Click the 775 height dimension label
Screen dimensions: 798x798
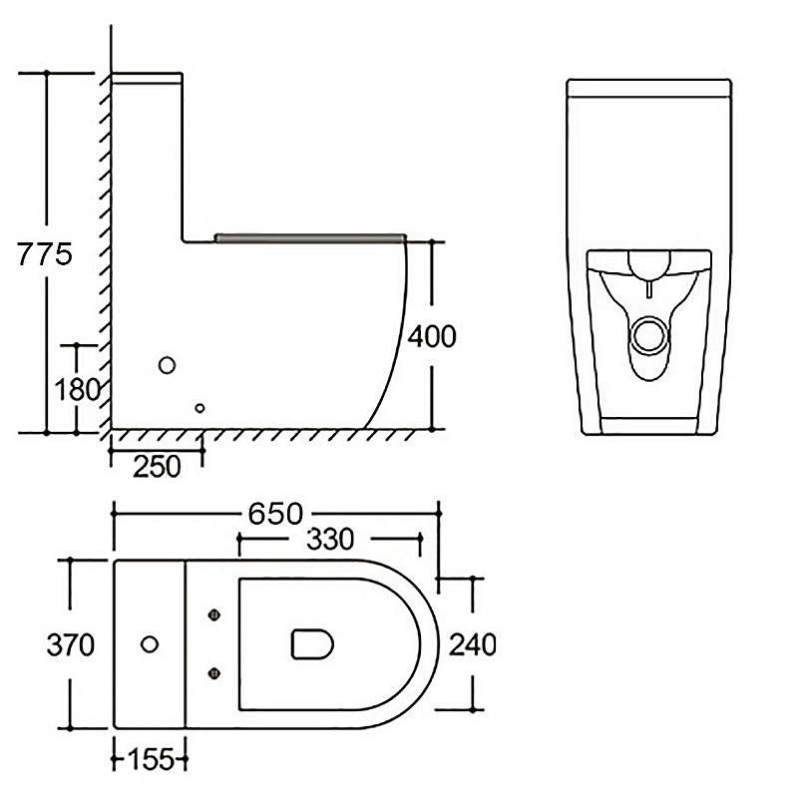point(45,254)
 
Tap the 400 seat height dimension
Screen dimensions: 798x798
point(432,336)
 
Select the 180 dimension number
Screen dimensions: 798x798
point(77,390)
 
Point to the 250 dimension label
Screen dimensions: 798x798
point(157,467)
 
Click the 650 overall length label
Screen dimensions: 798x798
point(275,514)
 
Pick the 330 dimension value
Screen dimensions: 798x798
point(330,540)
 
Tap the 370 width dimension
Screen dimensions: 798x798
point(70,644)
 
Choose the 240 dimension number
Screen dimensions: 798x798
point(472,644)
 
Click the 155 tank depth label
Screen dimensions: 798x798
point(151,760)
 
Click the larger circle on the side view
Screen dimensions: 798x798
point(167,365)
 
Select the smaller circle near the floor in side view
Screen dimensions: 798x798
point(200,408)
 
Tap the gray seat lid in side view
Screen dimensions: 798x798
point(310,238)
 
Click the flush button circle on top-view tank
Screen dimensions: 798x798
point(150,644)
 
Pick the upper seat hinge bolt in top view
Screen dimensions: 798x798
point(214,615)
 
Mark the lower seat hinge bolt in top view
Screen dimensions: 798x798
point(214,674)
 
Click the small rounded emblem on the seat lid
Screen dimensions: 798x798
point(312,643)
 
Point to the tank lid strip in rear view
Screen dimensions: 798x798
point(649,88)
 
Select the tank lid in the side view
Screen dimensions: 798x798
point(147,78)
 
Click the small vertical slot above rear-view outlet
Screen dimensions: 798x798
point(649,289)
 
